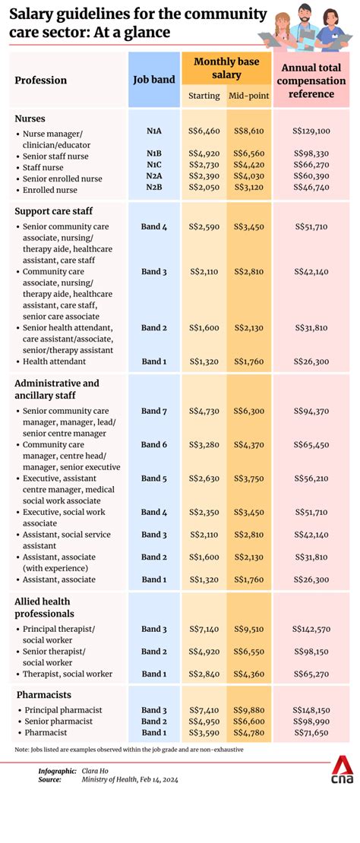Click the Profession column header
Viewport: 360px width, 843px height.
[41, 81]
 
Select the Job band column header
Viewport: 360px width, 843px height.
[154, 79]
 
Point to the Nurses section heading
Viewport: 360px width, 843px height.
[30, 118]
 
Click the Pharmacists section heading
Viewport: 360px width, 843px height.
[43, 694]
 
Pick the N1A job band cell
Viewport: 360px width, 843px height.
[154, 131]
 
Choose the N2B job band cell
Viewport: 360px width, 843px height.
[154, 189]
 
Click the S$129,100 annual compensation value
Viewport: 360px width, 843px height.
[311, 131]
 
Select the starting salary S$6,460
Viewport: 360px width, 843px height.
[204, 131]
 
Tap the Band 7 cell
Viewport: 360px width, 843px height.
[154, 412]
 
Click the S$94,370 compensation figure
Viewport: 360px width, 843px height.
[311, 412]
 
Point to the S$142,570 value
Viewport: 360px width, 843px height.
[311, 630]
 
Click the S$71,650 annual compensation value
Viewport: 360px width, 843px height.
[311, 733]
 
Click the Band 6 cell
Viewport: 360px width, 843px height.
[154, 445]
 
